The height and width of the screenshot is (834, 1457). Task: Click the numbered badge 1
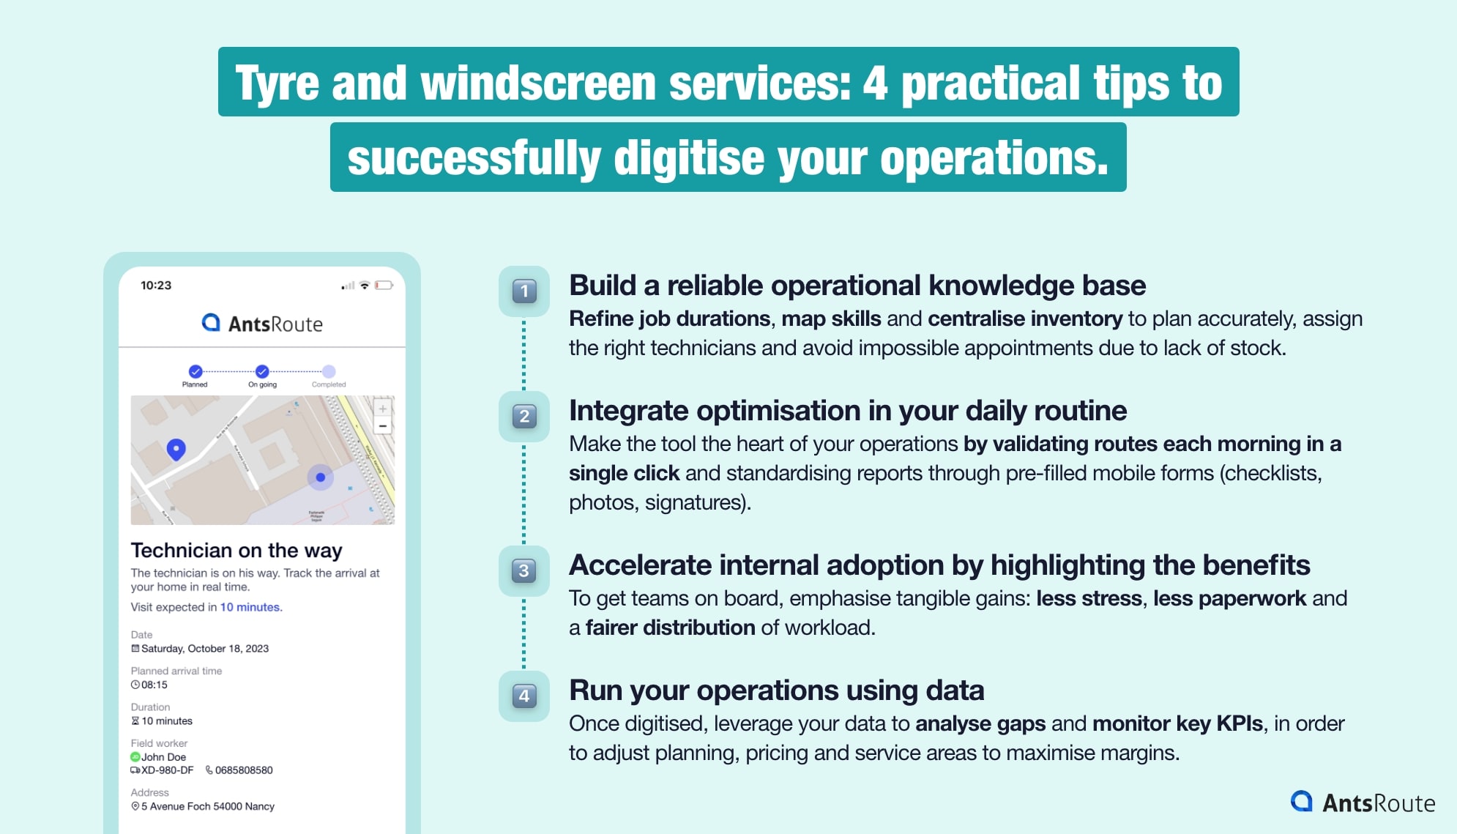click(x=523, y=291)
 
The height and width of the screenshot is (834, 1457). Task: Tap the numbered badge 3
click(x=523, y=570)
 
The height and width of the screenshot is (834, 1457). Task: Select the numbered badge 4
click(x=523, y=696)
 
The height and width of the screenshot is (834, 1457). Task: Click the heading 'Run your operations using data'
click(x=776, y=690)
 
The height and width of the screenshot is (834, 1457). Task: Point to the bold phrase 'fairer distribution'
click(x=670, y=628)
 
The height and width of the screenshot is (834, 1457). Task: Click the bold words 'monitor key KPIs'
click(x=1177, y=723)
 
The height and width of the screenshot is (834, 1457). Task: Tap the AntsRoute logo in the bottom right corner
click(x=1362, y=803)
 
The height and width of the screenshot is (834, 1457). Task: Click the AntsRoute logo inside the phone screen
click(x=262, y=324)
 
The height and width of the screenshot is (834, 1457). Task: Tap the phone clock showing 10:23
click(x=156, y=286)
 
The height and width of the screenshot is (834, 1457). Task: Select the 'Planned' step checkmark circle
click(x=195, y=371)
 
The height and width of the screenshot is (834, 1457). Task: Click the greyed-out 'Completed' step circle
click(x=329, y=371)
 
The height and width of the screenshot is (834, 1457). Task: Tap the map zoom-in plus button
click(x=382, y=409)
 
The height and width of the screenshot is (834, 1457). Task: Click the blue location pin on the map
click(x=176, y=448)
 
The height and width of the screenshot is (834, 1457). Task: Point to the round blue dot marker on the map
click(x=320, y=477)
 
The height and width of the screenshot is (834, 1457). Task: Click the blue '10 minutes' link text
click(x=250, y=607)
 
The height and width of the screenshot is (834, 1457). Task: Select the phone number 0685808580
click(x=243, y=770)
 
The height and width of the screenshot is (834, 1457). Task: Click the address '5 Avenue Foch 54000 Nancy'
click(x=207, y=806)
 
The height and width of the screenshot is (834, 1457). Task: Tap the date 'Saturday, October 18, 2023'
click(x=204, y=649)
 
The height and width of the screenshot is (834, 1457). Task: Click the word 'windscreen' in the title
click(x=537, y=83)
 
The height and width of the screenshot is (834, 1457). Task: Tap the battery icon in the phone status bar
click(x=383, y=286)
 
